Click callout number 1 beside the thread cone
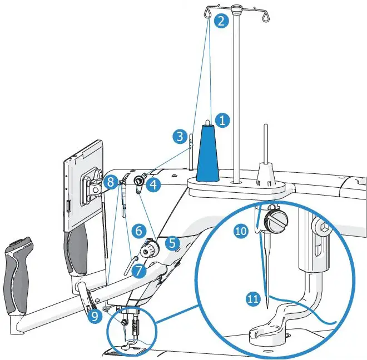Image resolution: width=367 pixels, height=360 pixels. (222, 120)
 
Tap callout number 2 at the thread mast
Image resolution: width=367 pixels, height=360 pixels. (221, 22)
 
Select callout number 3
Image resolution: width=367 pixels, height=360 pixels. (178, 136)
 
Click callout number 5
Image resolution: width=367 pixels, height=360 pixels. (173, 242)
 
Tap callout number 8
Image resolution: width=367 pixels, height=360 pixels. (111, 181)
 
